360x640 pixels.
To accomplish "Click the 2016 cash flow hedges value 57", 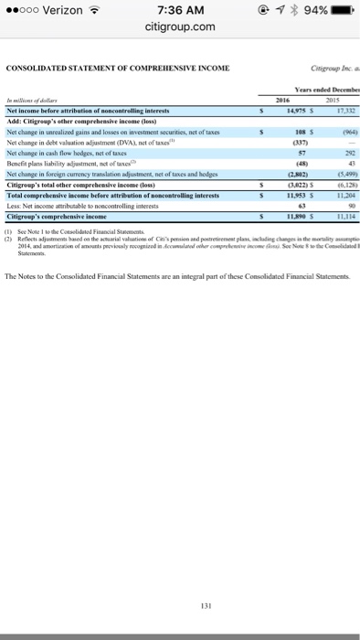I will pos(301,152).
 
